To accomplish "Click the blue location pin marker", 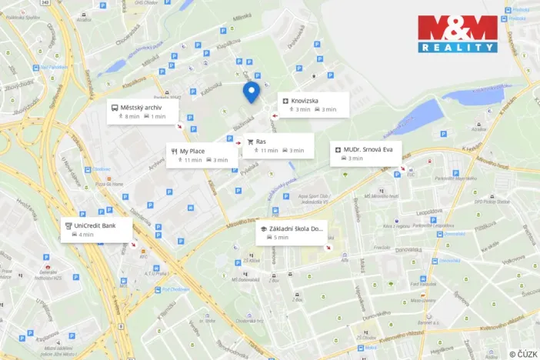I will pyautogui.click(x=251, y=92).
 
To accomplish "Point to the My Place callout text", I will pyautogui.click(x=192, y=151).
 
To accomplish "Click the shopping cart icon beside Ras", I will pyautogui.click(x=249, y=142).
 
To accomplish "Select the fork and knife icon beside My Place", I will pyautogui.click(x=174, y=151).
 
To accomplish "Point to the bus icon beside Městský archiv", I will pyautogui.click(x=115, y=107).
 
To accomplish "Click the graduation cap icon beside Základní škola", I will pyautogui.click(x=263, y=228).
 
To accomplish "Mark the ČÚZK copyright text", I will pyautogui.click(x=523, y=354).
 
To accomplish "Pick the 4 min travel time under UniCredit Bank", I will pyautogui.click(x=86, y=234).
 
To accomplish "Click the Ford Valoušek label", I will pyautogui.click(x=424, y=284).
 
